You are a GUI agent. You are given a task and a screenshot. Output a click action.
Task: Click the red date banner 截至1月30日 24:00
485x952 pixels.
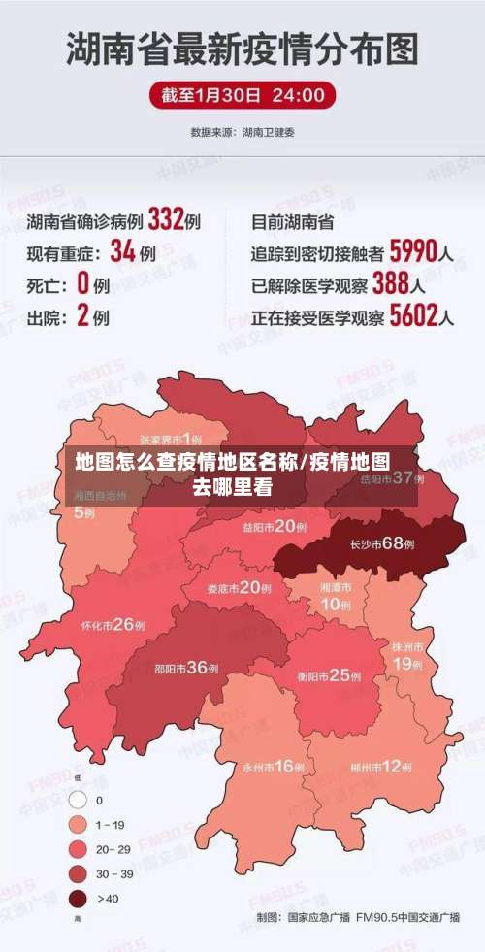pyautogui.click(x=242, y=95)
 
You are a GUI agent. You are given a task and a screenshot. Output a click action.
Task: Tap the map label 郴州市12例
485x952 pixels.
pyautogui.click(x=381, y=766)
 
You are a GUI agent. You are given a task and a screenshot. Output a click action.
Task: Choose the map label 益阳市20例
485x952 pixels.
pyautogui.click(x=275, y=527)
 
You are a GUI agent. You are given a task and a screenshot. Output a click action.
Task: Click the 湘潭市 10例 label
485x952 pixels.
pyautogui.click(x=336, y=596)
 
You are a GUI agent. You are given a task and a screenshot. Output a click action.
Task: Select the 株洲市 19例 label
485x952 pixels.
pyautogui.click(x=407, y=655)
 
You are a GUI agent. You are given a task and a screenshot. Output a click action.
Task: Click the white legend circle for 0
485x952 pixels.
pyautogui.click(x=78, y=801)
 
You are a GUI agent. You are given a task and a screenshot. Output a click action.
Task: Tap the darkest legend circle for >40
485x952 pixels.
pyautogui.click(x=78, y=898)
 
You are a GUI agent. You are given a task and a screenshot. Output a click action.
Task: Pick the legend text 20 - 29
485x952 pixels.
pyautogui.click(x=113, y=849)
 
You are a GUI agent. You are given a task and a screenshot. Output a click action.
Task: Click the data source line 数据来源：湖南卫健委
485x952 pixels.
pyautogui.click(x=242, y=131)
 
